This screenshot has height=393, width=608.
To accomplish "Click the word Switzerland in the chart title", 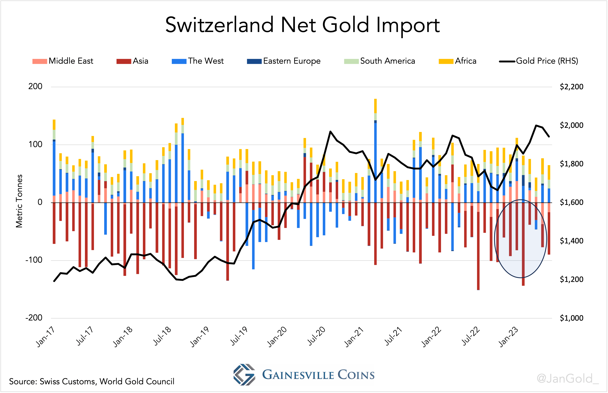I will point(219,25).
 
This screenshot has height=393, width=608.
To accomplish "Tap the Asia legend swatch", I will point(123,61).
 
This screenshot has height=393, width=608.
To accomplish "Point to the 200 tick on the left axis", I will point(35,86).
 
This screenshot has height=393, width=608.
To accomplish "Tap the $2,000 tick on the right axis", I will point(571,125).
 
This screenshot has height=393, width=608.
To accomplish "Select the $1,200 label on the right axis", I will point(571,279).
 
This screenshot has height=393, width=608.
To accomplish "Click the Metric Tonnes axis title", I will point(19,201).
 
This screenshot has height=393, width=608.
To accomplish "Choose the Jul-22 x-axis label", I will point(471,337).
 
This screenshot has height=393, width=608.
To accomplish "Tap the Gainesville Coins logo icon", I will point(244,374).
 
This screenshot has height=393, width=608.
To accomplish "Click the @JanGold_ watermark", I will point(567,378).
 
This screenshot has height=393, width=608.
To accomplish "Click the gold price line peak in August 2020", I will point(330,132).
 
